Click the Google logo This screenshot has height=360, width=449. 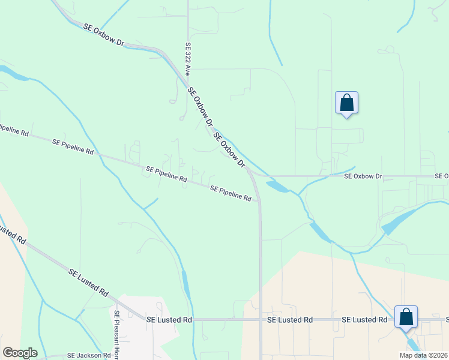point(20,353)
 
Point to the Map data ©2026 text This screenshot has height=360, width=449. point(423,355)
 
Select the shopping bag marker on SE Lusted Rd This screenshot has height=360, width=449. point(406,316)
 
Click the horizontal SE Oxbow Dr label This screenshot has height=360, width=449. point(363,176)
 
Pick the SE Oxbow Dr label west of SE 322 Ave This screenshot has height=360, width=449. point(104,36)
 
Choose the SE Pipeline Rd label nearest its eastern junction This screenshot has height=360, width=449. point(231,193)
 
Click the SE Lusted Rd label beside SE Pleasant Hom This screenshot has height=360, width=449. point(169,320)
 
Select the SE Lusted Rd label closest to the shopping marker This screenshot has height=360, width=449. point(364,320)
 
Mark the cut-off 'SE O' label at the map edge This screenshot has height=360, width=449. point(442,176)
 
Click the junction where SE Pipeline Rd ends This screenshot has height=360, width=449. point(259,202)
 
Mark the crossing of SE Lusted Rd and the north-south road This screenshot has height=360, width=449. point(261,320)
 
